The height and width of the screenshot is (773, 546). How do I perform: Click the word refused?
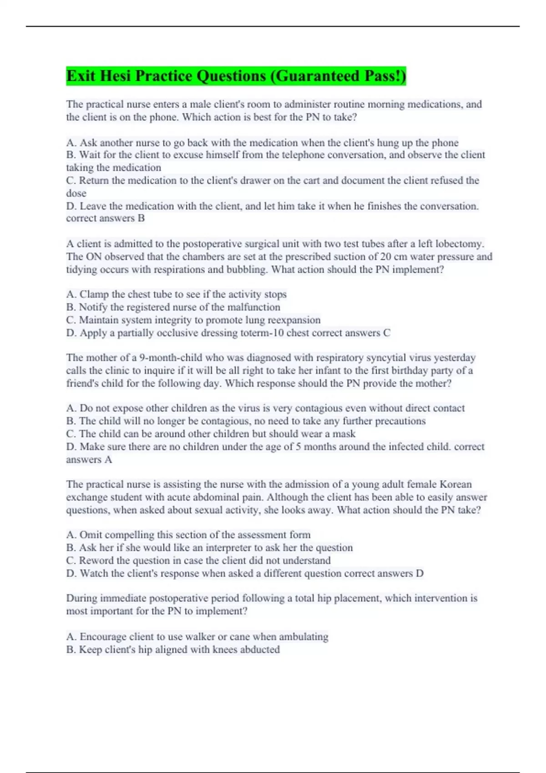440,181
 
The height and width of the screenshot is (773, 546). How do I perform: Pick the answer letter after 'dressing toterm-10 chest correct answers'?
386,333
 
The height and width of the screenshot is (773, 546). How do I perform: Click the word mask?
345,434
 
